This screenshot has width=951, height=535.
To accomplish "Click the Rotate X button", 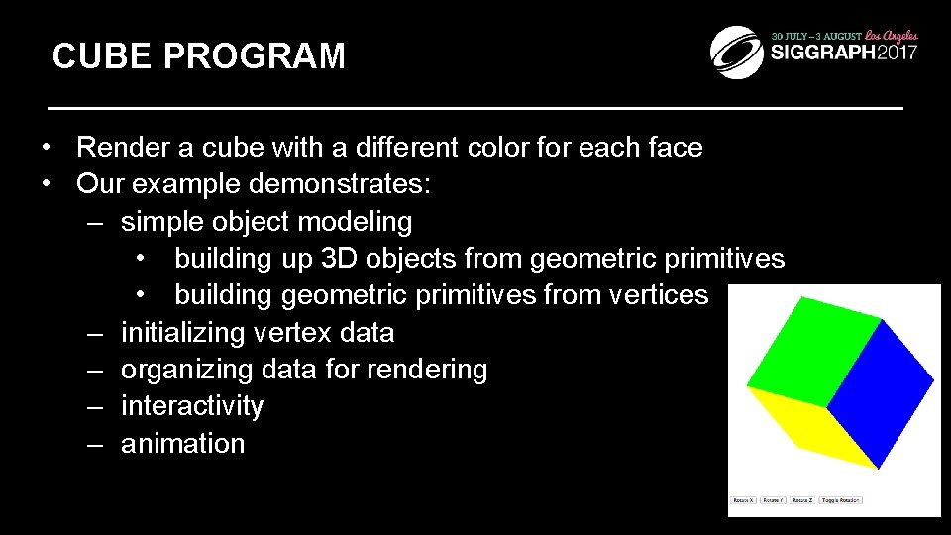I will pyautogui.click(x=743, y=500).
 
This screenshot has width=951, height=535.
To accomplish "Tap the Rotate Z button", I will pyautogui.click(x=802, y=500).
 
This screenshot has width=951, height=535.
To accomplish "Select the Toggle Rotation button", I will pyautogui.click(x=840, y=500).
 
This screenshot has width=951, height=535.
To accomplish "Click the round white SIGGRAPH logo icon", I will pyautogui.click(x=737, y=51).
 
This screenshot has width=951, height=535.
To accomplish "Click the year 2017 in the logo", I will pyautogui.click(x=898, y=53).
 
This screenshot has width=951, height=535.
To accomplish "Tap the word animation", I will pyautogui.click(x=182, y=443).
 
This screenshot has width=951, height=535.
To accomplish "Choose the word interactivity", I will pyautogui.click(x=192, y=406).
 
